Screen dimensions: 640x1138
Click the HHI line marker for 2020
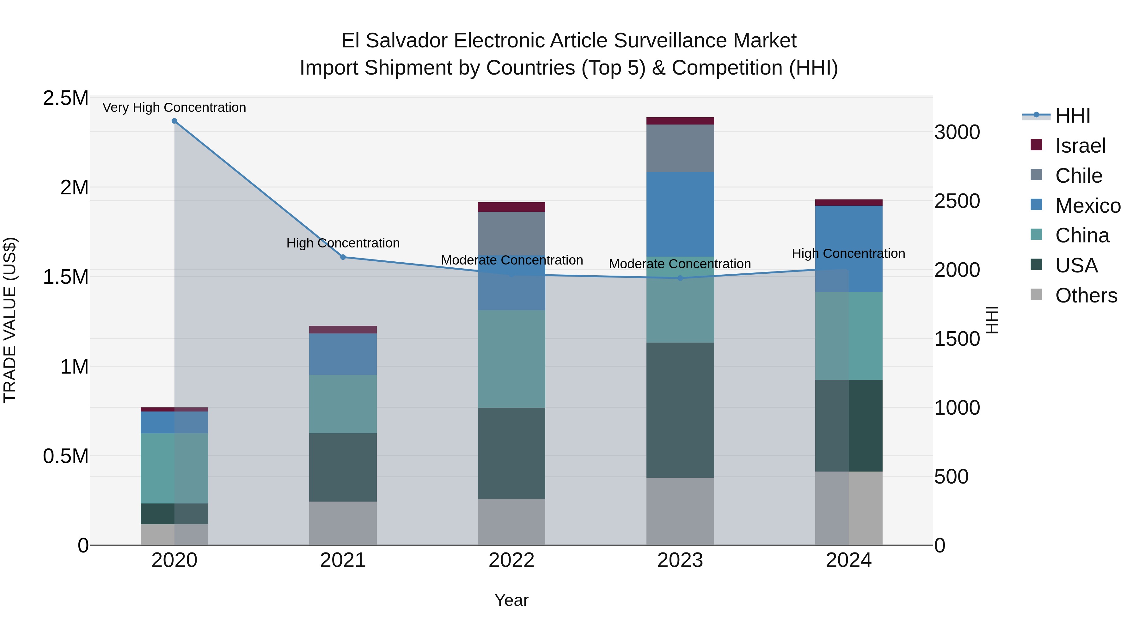coord(174,121)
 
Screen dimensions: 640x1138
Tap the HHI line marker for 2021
coord(343,257)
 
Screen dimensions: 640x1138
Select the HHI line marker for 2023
coord(680,278)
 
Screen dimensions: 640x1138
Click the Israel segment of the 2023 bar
coord(680,121)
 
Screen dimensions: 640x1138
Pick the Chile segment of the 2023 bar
coord(680,149)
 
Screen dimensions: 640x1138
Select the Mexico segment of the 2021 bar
coord(343,354)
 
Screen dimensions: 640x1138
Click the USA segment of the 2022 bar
coord(511,453)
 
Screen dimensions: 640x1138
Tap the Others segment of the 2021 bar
coord(343,523)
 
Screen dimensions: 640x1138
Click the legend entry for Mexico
coord(1088,206)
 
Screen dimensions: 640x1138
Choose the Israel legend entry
coord(1080,146)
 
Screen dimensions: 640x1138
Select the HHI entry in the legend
coord(1073,116)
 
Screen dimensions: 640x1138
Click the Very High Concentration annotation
coord(174,107)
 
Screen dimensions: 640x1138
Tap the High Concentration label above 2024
coord(848,253)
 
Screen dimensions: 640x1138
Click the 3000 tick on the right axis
coord(957,132)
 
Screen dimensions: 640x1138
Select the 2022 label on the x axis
coord(511,560)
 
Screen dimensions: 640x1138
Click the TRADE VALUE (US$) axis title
coord(10,320)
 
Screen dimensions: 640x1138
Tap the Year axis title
coord(511,600)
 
